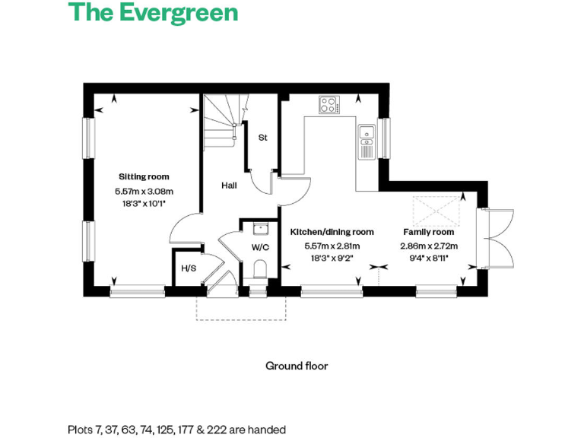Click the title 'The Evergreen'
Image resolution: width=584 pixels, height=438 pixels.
(153, 14)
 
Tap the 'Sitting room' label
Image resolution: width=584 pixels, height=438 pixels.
(144, 176)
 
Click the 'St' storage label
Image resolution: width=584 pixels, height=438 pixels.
(263, 138)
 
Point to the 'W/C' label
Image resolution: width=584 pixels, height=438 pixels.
(260, 246)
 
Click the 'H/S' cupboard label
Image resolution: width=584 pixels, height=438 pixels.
(188, 268)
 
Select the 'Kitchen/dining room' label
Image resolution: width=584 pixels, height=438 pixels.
(332, 232)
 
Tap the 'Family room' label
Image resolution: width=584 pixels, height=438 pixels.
(428, 232)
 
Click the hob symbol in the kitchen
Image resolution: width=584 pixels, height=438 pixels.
(329, 104)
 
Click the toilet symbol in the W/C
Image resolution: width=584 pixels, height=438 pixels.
(259, 270)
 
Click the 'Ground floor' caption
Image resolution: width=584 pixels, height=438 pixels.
(297, 366)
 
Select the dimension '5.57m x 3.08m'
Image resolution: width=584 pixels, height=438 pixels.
(144, 192)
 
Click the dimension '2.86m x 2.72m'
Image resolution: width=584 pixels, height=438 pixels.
(428, 246)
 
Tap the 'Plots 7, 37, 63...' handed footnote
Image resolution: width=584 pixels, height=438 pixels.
(176, 430)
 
